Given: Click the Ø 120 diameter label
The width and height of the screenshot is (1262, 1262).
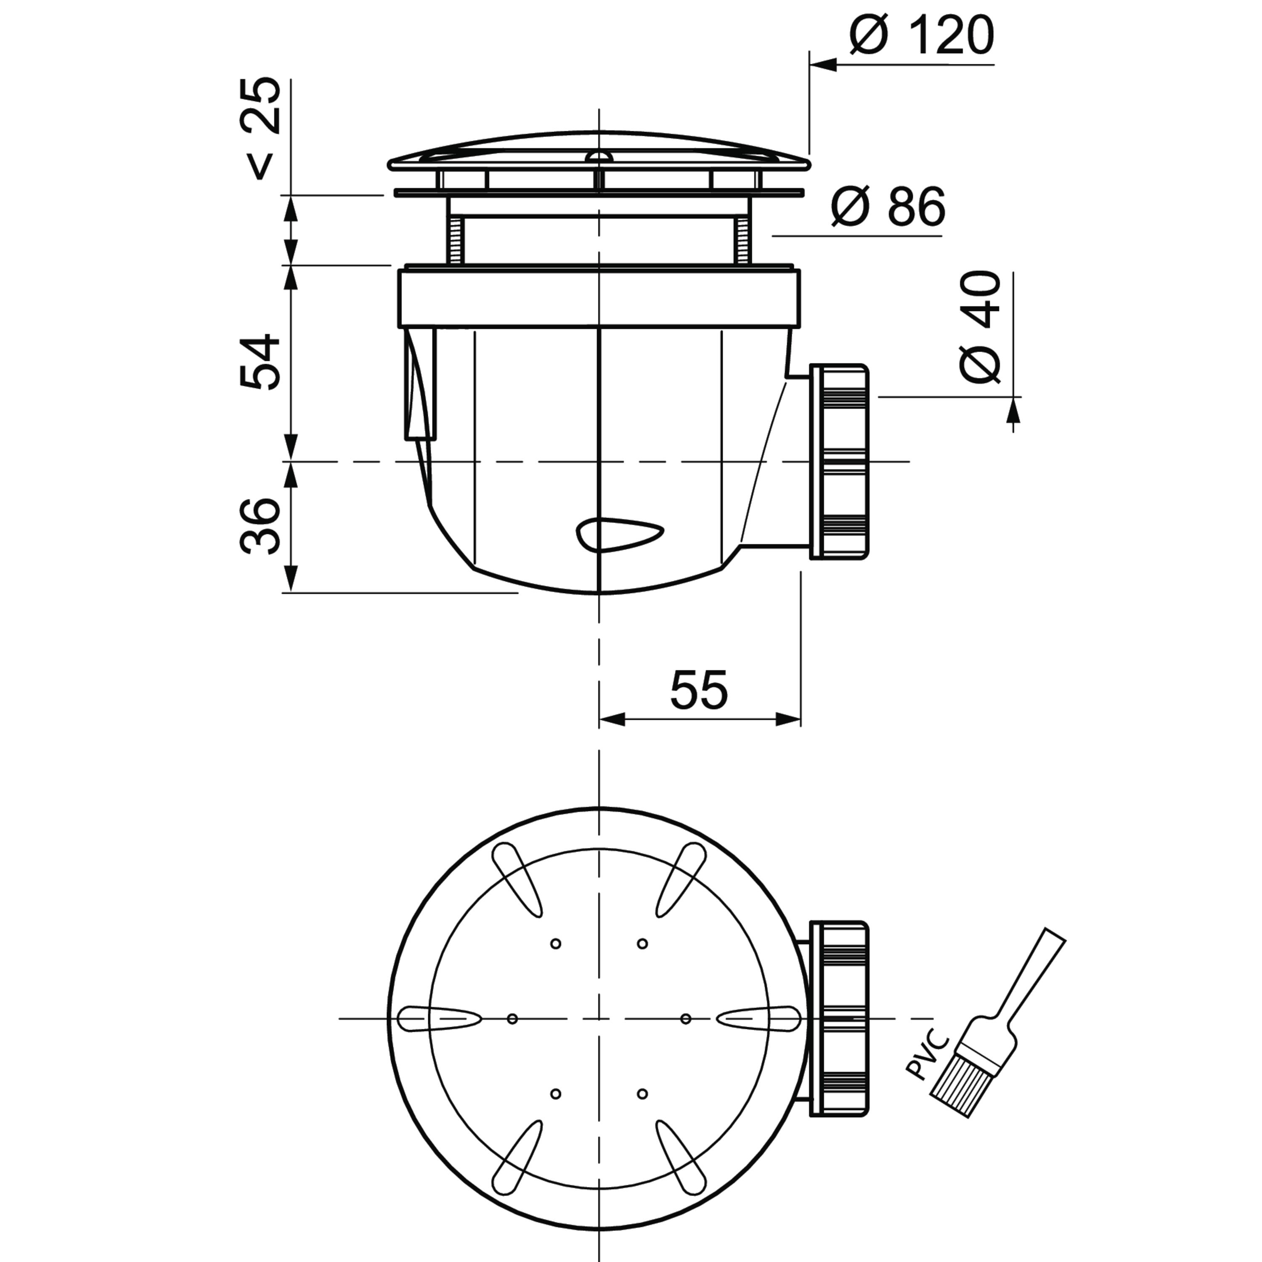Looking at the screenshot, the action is [922, 35].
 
